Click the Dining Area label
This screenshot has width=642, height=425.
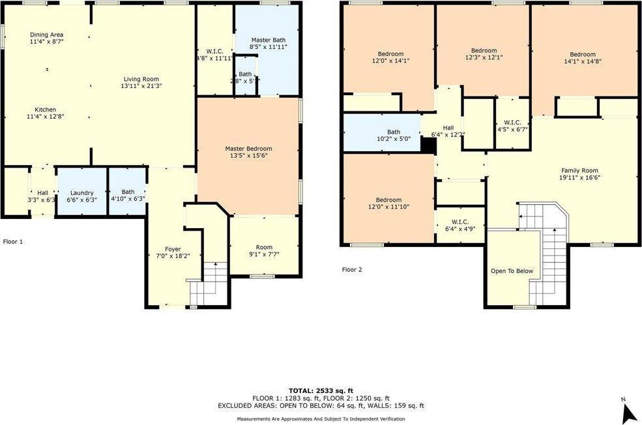tap(46, 35)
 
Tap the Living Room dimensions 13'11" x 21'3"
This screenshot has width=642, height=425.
tap(141, 86)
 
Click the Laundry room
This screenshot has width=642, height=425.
tap(82, 193)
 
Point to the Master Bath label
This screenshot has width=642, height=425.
tap(269, 39)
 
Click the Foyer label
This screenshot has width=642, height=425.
tap(172, 249)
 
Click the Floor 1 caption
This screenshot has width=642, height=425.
tap(13, 241)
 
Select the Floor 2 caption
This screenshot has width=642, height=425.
tap(353, 269)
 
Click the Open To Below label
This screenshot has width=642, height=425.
tap(512, 271)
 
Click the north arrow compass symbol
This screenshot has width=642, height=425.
tap(629, 411)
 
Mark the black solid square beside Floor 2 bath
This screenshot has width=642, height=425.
tap(428, 146)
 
